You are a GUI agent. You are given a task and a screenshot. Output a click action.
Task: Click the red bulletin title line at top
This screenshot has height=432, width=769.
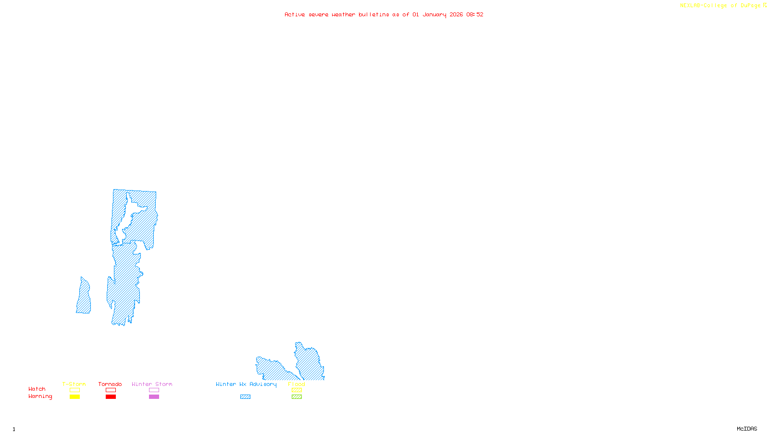pyautogui.click(x=384, y=14)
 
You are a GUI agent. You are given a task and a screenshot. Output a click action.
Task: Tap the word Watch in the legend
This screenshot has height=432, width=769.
pyautogui.click(x=37, y=389)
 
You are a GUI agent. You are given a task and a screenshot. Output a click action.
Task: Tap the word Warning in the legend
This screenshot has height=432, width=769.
pyautogui.click(x=40, y=396)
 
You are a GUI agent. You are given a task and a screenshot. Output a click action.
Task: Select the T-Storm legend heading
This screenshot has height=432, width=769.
pyautogui.click(x=74, y=384)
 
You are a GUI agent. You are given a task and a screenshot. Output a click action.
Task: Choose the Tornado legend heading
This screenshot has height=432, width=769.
pyautogui.click(x=110, y=384)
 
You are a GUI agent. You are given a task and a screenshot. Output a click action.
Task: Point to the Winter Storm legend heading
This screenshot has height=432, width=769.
pyautogui.click(x=152, y=384)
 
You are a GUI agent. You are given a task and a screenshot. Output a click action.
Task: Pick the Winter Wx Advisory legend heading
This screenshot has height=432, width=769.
pyautogui.click(x=246, y=384)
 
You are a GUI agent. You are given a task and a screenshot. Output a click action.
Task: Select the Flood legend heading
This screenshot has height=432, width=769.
pyautogui.click(x=297, y=384)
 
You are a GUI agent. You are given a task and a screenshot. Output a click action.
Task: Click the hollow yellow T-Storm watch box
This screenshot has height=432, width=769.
pyautogui.click(x=74, y=390)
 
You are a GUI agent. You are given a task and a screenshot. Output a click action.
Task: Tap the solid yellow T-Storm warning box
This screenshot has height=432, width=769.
pyautogui.click(x=74, y=397)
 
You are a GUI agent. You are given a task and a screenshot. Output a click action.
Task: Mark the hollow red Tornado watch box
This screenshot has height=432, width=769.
pyautogui.click(x=111, y=390)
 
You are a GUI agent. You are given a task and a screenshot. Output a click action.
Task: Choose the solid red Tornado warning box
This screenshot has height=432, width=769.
pyautogui.click(x=111, y=397)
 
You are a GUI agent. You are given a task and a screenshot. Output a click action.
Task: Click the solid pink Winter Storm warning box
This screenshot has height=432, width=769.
pyautogui.click(x=154, y=397)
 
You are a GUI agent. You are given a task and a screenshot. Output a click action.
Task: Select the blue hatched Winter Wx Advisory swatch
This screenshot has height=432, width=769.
pyautogui.click(x=245, y=397)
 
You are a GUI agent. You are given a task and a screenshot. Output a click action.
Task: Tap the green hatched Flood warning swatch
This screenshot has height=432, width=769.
pyautogui.click(x=297, y=397)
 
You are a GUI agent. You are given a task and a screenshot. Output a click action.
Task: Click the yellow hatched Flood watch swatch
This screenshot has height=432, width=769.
pyautogui.click(x=297, y=390)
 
